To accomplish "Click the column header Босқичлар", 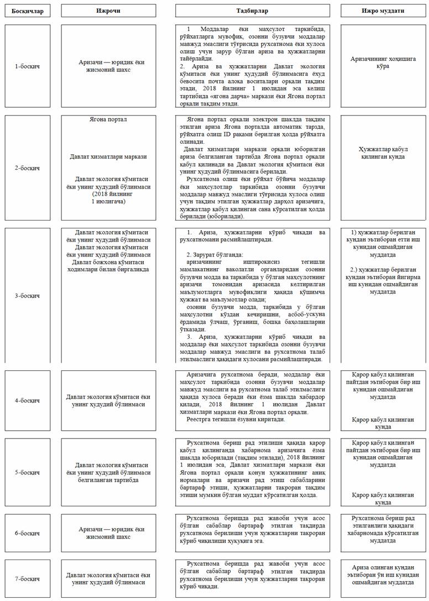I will pyautogui.click(x=27, y=11).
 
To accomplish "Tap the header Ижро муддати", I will pyautogui.click(x=383, y=11).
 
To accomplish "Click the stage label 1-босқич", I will pyautogui.click(x=27, y=66).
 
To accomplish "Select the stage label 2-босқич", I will pyautogui.click(x=27, y=168).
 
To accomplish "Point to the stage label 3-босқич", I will pyautogui.click(x=27, y=295).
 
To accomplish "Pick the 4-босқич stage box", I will pyautogui.click(x=27, y=400).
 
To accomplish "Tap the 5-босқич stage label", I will pyautogui.click(x=27, y=472).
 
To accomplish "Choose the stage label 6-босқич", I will pyautogui.click(x=27, y=533).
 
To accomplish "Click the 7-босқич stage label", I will pyautogui.click(x=27, y=578).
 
